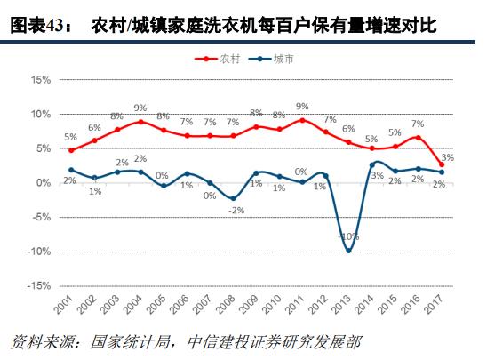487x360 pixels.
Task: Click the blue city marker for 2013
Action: click(x=348, y=251)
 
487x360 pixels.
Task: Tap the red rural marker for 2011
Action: click(x=302, y=120)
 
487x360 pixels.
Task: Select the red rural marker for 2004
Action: click(x=140, y=122)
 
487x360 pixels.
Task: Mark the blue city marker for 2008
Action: click(x=233, y=198)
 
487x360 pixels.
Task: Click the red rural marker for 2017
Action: click(x=442, y=164)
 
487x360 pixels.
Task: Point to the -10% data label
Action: click(x=349, y=236)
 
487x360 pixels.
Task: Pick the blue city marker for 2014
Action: click(x=372, y=164)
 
